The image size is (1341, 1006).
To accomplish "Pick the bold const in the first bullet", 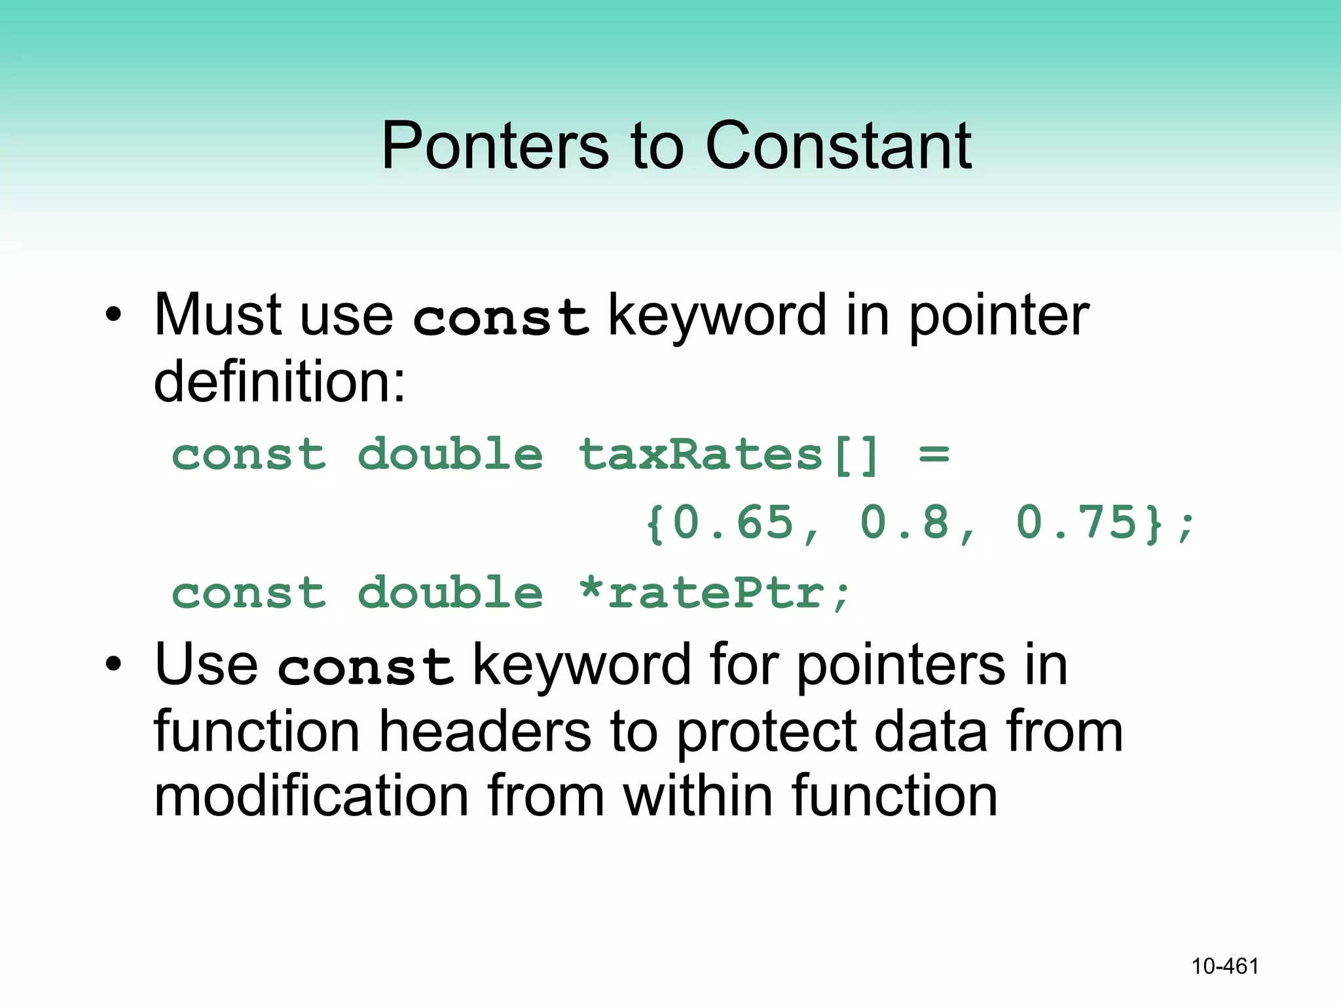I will pos(501,318).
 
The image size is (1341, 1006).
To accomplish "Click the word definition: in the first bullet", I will pos(280,382).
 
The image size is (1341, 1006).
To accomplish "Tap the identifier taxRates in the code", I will pos(701,455).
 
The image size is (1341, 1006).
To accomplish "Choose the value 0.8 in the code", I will pos(905,523).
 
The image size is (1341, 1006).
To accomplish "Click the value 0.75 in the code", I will pos(1076,523).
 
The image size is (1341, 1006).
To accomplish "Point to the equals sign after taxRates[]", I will pos(934,455).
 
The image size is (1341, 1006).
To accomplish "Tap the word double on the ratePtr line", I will pos(450,593).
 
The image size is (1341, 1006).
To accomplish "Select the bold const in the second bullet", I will pos(365,667).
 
